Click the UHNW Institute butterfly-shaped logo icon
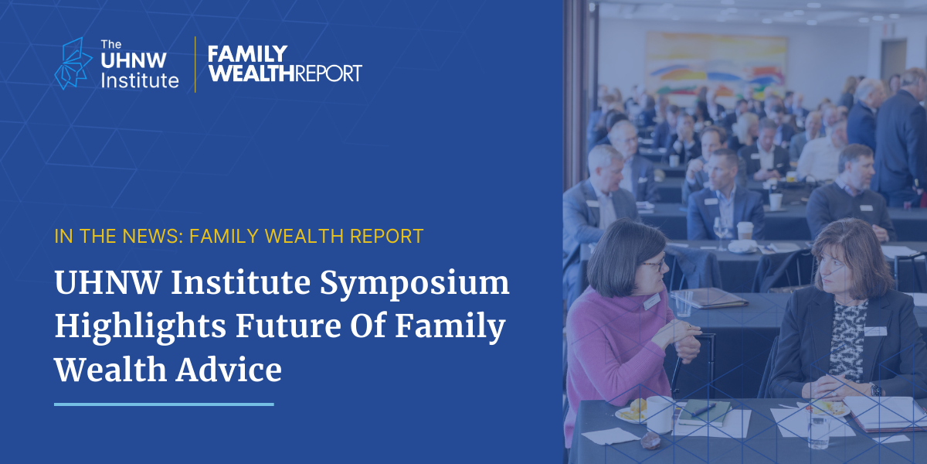[x=73, y=63]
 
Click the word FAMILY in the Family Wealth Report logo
[x=247, y=54]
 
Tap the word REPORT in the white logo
[x=328, y=73]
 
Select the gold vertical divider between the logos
[x=195, y=64]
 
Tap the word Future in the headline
[x=288, y=326]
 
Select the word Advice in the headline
[x=229, y=369]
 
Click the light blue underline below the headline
[x=164, y=404]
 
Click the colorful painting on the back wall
[x=716, y=67]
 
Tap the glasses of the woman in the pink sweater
[x=654, y=264]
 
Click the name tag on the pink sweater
[x=651, y=302]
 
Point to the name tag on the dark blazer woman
[x=875, y=331]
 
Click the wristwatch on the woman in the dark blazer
[x=876, y=390]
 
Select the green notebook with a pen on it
[x=705, y=413]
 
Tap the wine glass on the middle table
[x=721, y=233]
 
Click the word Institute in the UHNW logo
[x=140, y=80]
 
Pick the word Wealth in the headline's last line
[x=110, y=369]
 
